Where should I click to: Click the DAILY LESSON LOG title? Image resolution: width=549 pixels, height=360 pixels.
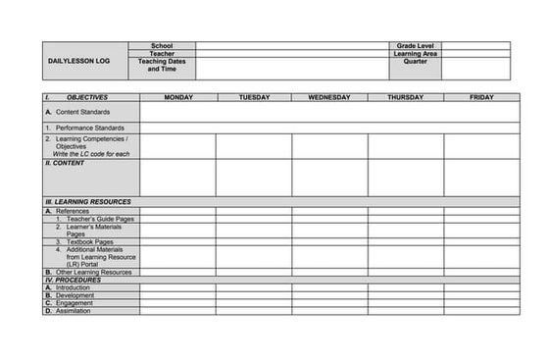[x=79, y=61]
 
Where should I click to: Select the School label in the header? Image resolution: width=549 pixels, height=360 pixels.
[x=162, y=45]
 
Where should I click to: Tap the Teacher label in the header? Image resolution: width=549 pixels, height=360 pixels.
[x=162, y=54]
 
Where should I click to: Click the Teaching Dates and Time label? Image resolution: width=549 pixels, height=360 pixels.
[x=162, y=66]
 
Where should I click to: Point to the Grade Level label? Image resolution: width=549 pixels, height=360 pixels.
[x=415, y=45]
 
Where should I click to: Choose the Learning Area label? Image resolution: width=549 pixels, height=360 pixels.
[x=415, y=54]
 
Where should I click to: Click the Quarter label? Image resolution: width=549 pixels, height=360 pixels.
[x=415, y=62]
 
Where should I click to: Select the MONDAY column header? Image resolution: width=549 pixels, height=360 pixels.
[x=177, y=98]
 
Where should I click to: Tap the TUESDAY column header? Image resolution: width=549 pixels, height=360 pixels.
[x=253, y=98]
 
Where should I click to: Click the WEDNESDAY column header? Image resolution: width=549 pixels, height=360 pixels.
[x=329, y=98]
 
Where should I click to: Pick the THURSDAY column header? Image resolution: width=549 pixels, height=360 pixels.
[x=405, y=98]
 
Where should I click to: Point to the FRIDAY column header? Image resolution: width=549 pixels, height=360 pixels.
[x=481, y=98]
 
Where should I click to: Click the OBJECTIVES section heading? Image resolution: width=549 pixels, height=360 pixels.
[x=86, y=98]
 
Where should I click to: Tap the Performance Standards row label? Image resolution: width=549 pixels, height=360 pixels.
[x=88, y=129]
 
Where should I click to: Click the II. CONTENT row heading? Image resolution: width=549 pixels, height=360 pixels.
[x=66, y=164]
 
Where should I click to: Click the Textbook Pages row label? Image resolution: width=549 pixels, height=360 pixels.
[x=90, y=241]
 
